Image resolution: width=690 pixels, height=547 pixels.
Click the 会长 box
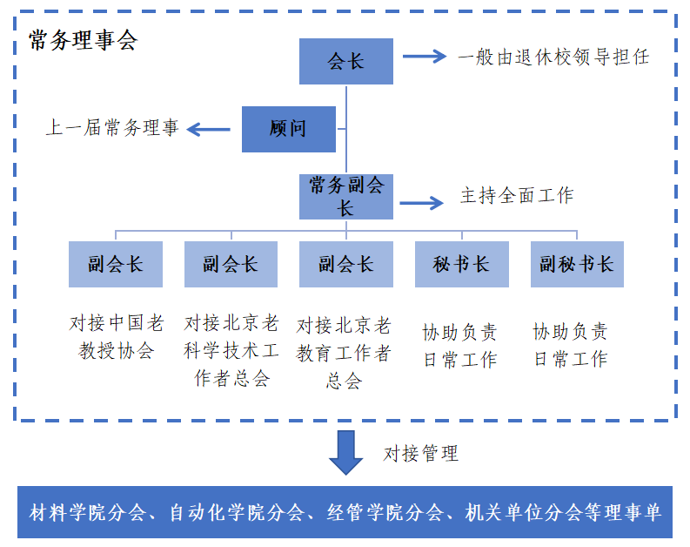pyautogui.click(x=345, y=61)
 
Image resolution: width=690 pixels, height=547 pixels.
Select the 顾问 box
pyautogui.click(x=288, y=129)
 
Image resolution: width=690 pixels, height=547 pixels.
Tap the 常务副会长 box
pyautogui.click(x=345, y=196)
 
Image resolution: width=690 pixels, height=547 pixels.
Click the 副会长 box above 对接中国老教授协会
pyautogui.click(x=115, y=264)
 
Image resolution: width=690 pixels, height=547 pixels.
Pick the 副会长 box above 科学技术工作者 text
pyautogui.click(x=231, y=264)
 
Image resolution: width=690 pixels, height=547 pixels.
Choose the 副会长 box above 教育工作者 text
pyautogui.click(x=345, y=264)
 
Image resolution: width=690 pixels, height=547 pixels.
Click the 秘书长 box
pyautogui.click(x=461, y=264)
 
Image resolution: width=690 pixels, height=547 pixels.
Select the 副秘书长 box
pyautogui.click(x=576, y=264)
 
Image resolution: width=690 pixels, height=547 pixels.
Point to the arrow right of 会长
pyautogui.click(x=424, y=57)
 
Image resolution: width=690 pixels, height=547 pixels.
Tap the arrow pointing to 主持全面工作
pyautogui.click(x=422, y=203)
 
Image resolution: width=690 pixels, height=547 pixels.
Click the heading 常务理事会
pyautogui.click(x=83, y=41)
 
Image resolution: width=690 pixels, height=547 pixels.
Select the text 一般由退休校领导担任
pyautogui.click(x=553, y=57)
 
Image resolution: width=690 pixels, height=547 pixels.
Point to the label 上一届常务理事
pyautogui.click(x=111, y=128)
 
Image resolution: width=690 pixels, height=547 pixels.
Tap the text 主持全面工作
pyautogui.click(x=517, y=196)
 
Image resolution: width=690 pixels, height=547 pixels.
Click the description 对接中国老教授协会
pyautogui.click(x=117, y=337)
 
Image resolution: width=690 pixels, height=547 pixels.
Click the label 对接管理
pyautogui.click(x=420, y=454)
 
